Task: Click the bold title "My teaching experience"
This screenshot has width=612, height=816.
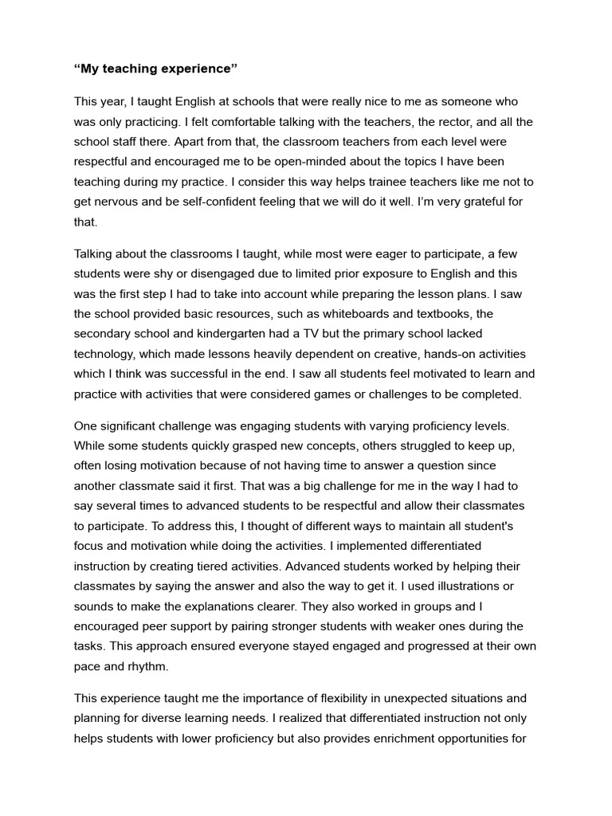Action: [x=156, y=69]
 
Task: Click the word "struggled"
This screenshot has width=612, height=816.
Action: [x=399, y=445]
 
